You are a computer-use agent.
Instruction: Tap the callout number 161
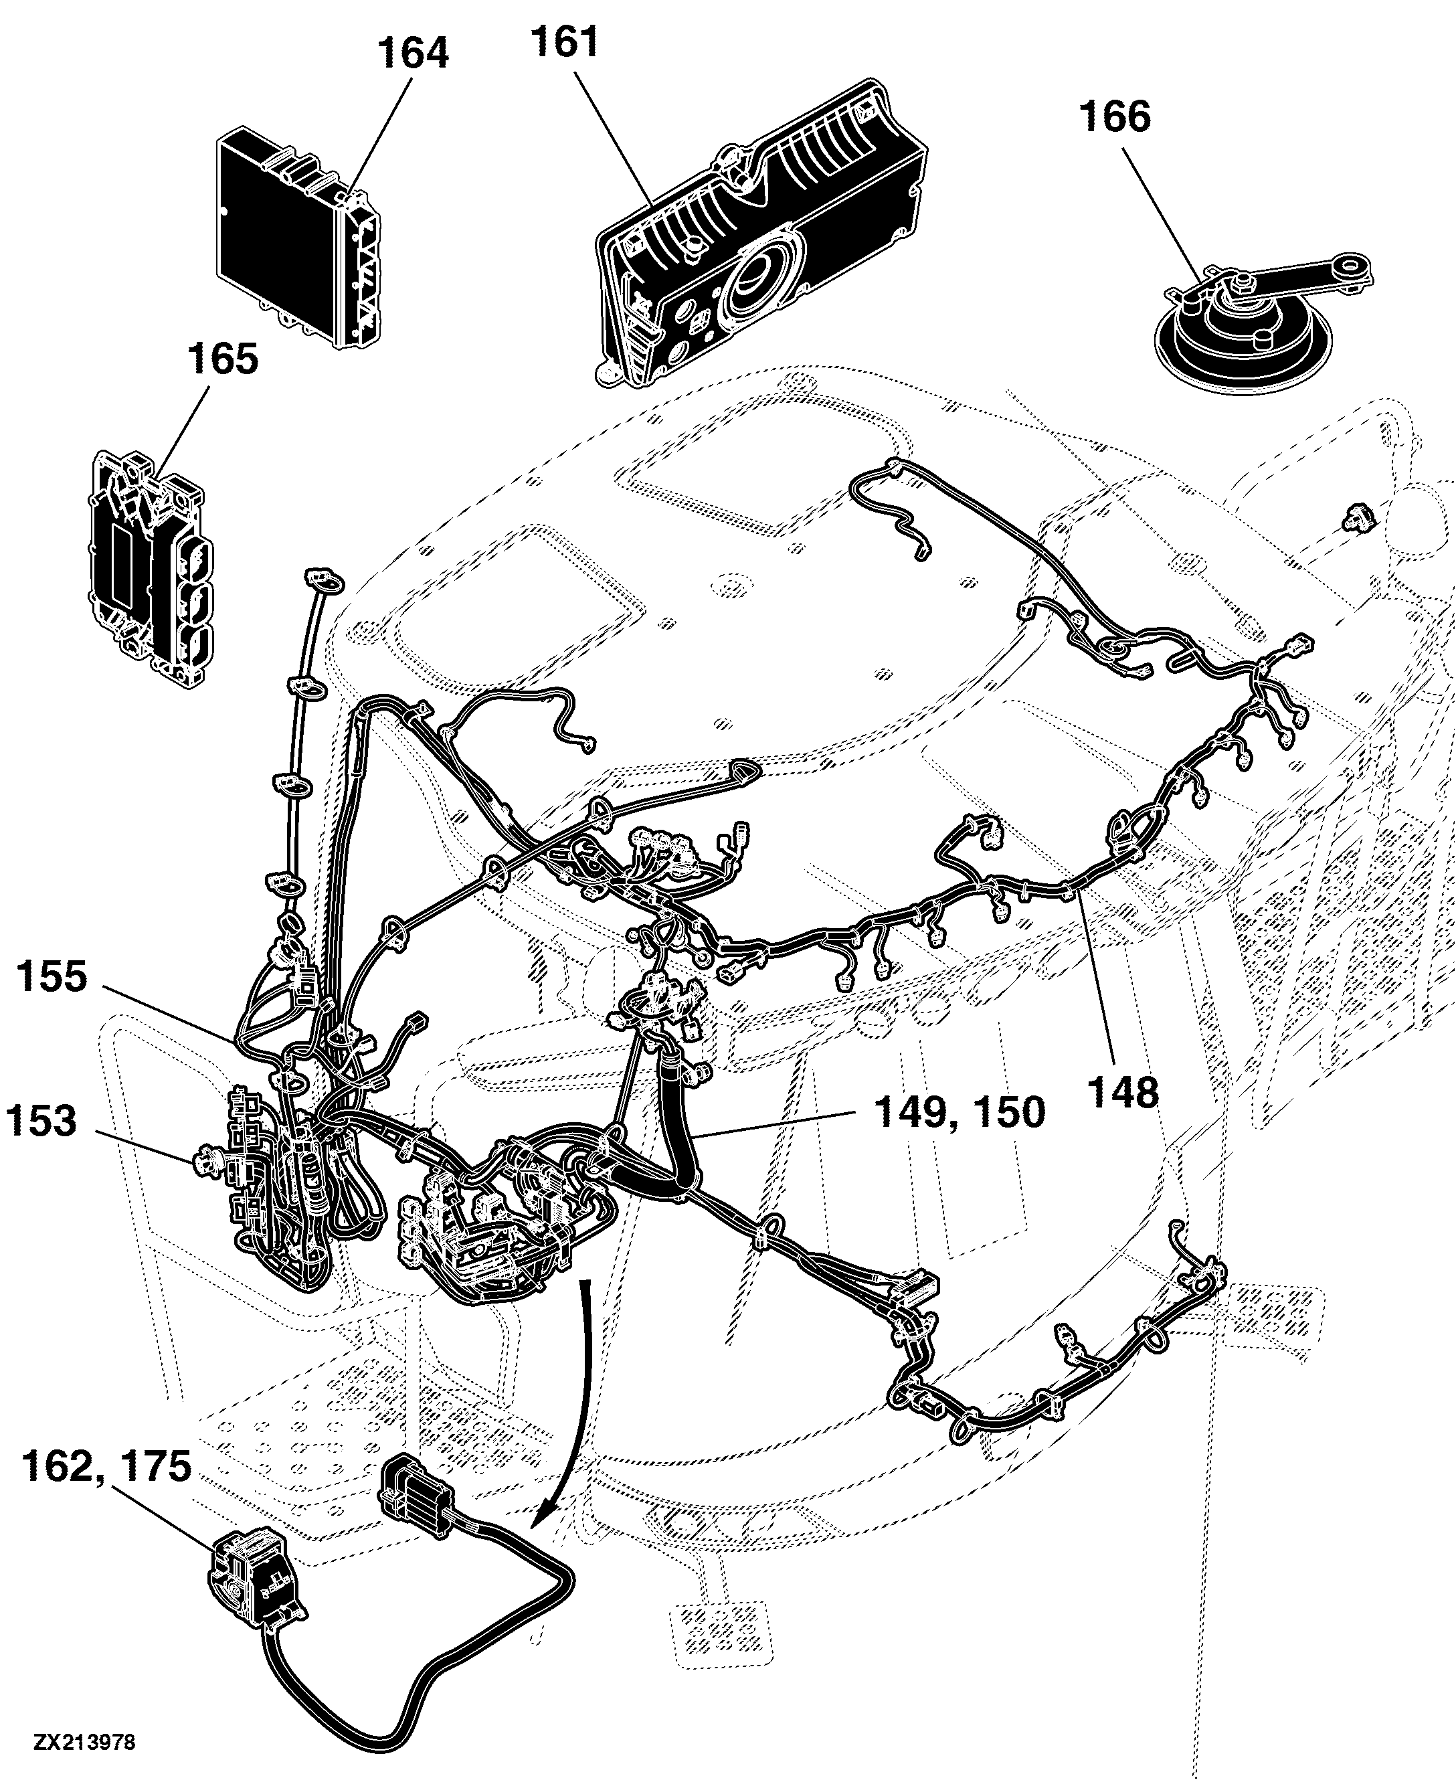(565, 43)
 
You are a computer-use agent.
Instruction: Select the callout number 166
(1115, 116)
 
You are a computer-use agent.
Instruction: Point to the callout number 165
(222, 360)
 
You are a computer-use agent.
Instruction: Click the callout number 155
(51, 977)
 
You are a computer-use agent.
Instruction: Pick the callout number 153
(41, 1122)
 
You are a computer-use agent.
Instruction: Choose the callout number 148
(1123, 1093)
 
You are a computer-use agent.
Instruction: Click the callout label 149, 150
(960, 1112)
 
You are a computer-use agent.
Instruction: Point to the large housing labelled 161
(761, 233)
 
